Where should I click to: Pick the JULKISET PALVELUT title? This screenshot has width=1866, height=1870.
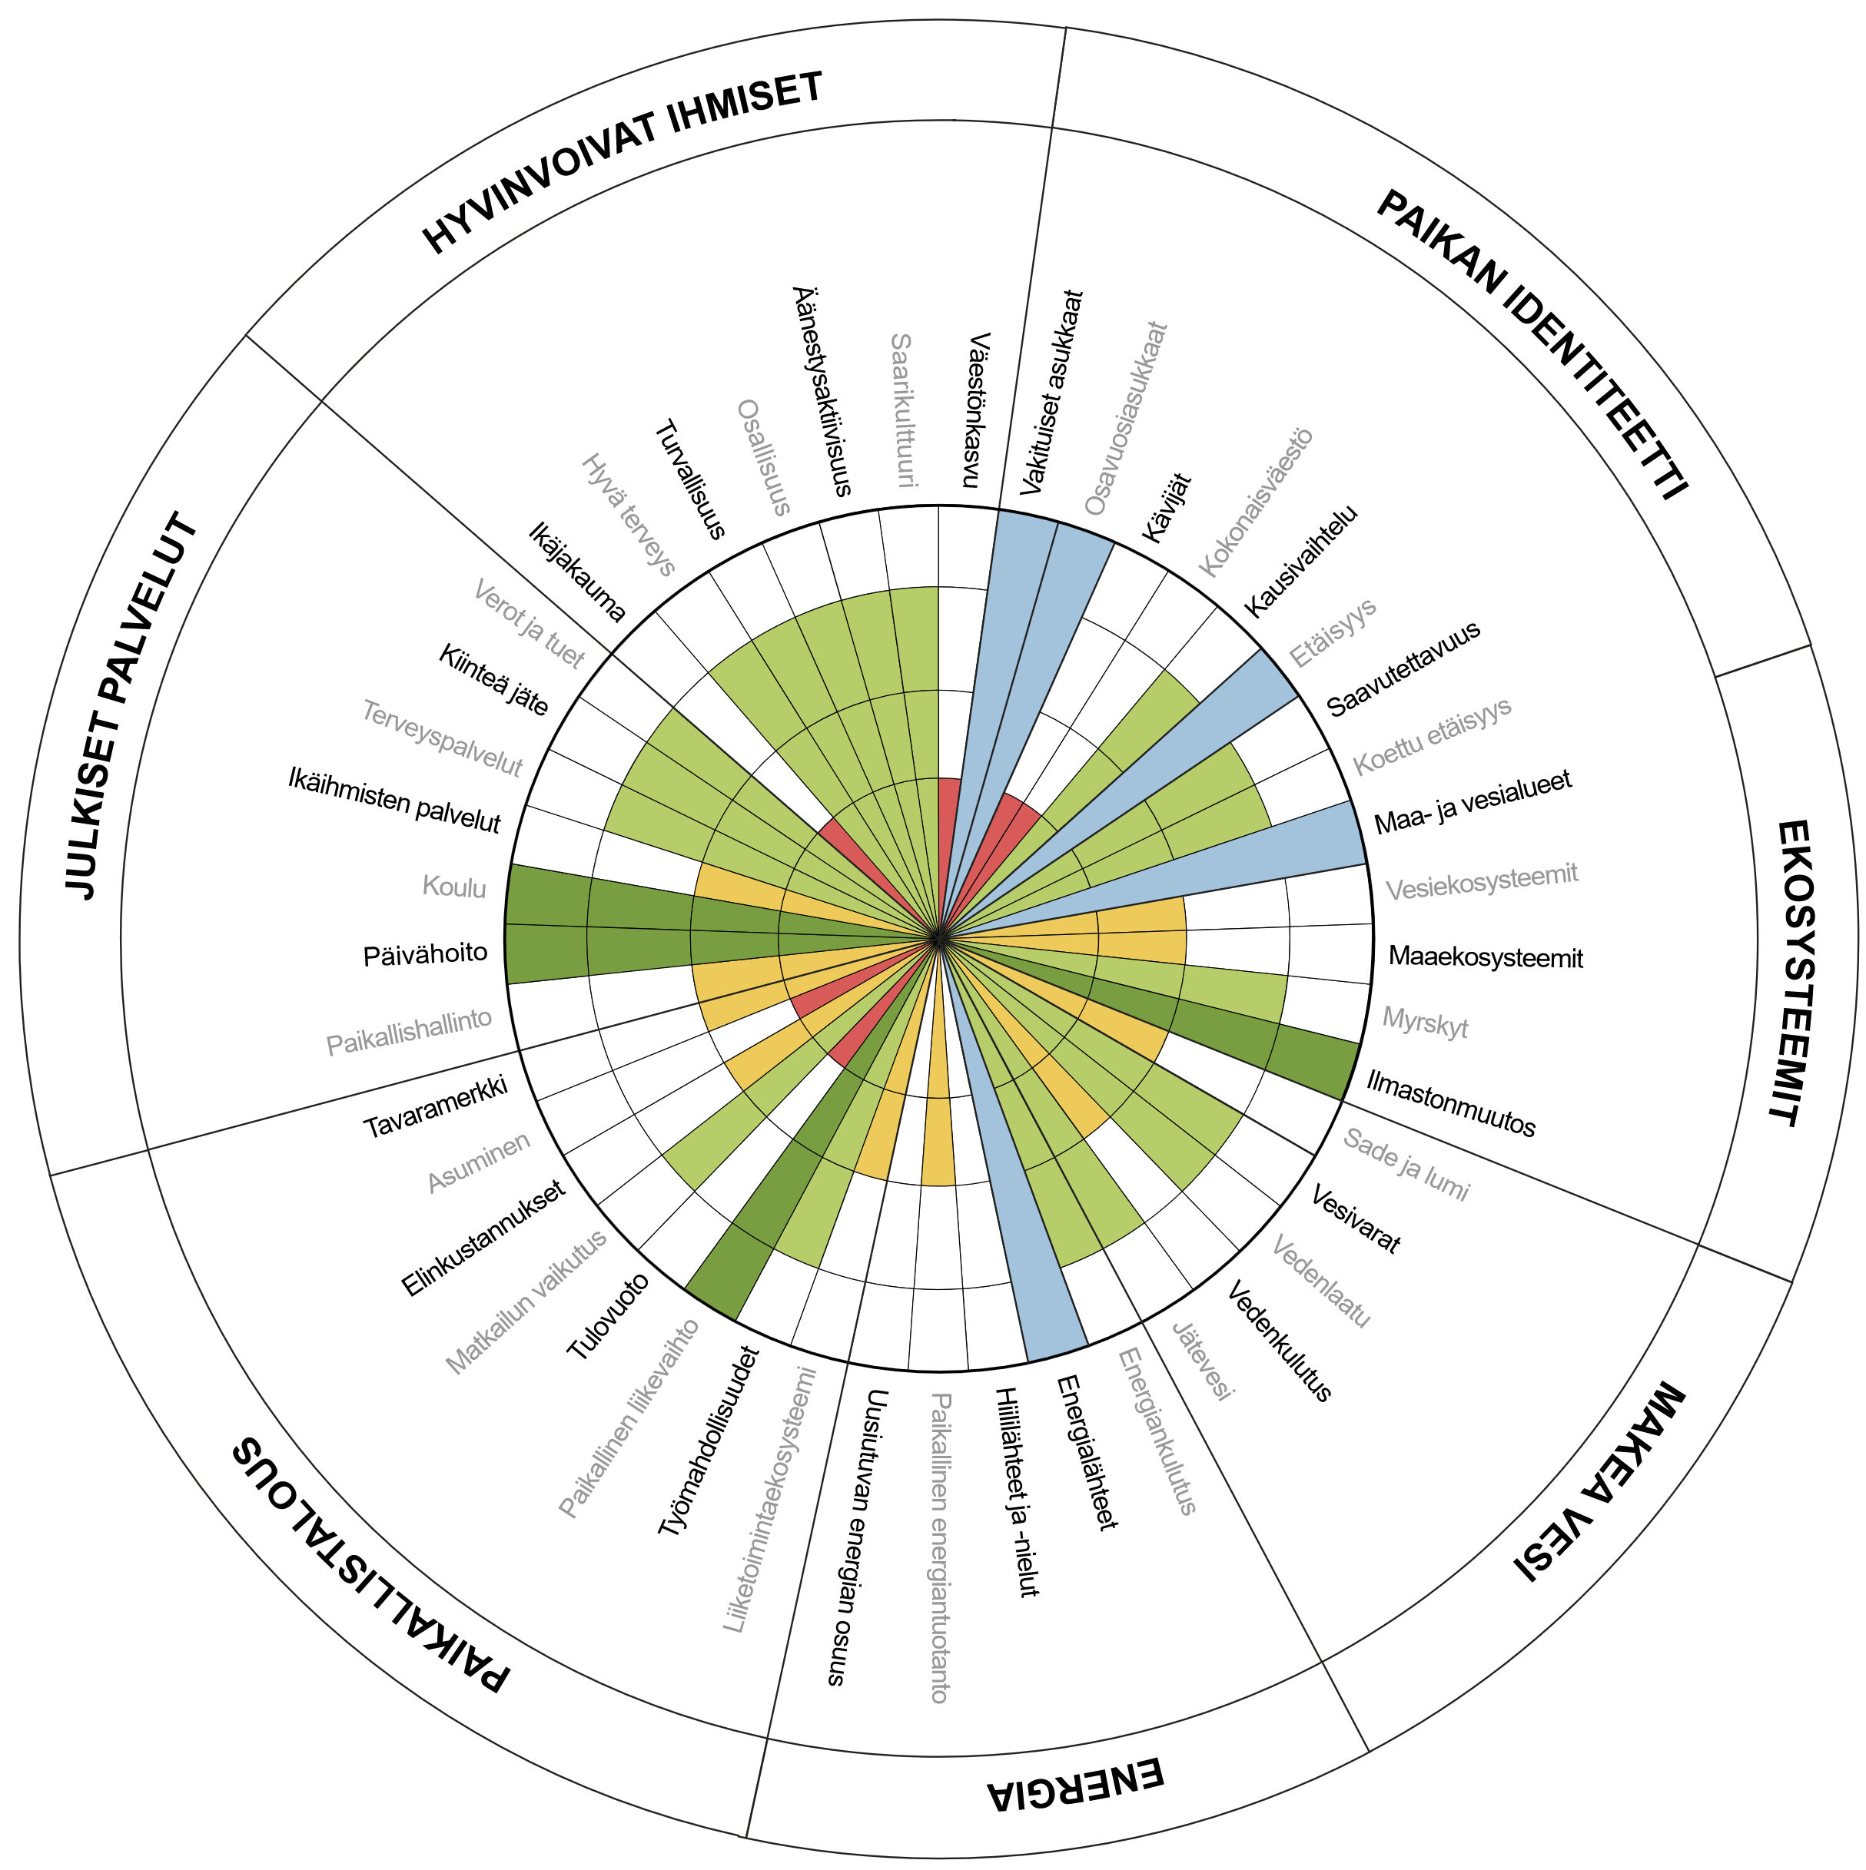131,707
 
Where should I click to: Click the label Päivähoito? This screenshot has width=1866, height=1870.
425,954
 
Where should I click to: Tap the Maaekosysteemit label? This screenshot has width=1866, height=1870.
1486,957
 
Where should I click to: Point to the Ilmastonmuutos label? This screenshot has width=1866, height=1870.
1450,1103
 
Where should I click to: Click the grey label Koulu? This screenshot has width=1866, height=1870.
454,887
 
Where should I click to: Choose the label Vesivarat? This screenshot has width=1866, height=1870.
1355,1219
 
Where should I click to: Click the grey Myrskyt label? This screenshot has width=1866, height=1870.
1426,1022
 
